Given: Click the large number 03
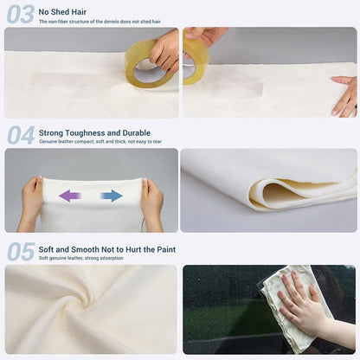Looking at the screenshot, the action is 21,15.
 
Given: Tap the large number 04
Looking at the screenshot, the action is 21,135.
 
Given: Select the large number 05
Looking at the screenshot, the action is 21,252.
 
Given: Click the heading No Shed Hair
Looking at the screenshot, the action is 62,12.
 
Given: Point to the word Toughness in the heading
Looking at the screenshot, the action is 85,133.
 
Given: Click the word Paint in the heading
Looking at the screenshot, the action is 166,249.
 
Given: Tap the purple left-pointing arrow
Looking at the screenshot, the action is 70,196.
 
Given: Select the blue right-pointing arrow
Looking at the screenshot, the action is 112,196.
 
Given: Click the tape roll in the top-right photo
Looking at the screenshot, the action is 194,61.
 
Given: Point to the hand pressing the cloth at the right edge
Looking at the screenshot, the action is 344,96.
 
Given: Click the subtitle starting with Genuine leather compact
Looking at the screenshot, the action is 100,142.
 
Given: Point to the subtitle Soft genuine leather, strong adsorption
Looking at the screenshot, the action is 81,258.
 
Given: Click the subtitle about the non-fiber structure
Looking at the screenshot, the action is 100,22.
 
